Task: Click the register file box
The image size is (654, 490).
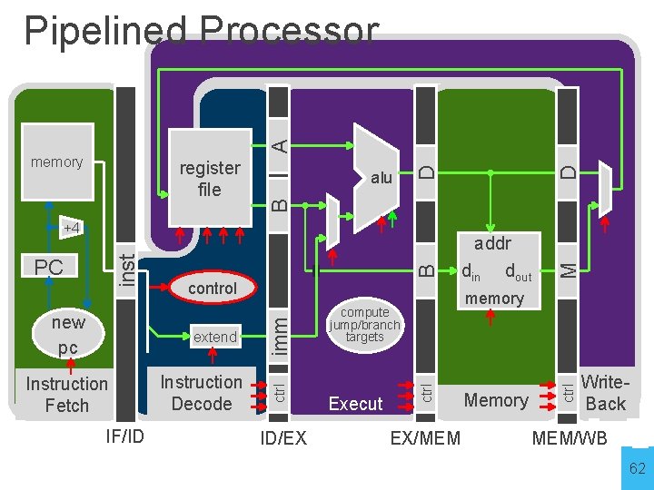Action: pos(210,178)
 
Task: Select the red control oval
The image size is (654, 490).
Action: pos(213,288)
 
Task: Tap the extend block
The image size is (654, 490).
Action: pos(214,337)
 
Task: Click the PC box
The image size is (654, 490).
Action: pos(49,268)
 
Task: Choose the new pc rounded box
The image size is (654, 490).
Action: pos(68,335)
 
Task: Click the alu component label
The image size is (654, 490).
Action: pos(381,178)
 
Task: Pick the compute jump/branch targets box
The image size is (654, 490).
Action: pos(364,324)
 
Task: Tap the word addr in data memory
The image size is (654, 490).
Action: pos(492,243)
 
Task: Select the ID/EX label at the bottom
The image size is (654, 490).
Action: pos(282,439)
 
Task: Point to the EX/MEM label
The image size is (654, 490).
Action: pos(425,439)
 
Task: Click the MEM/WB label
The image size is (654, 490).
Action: pos(569,439)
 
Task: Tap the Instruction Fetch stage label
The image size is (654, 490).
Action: pos(67,394)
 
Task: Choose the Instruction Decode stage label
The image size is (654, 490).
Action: pos(201,392)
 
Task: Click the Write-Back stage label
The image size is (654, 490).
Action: pos(604,392)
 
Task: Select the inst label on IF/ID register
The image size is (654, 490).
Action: pos(129,270)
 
